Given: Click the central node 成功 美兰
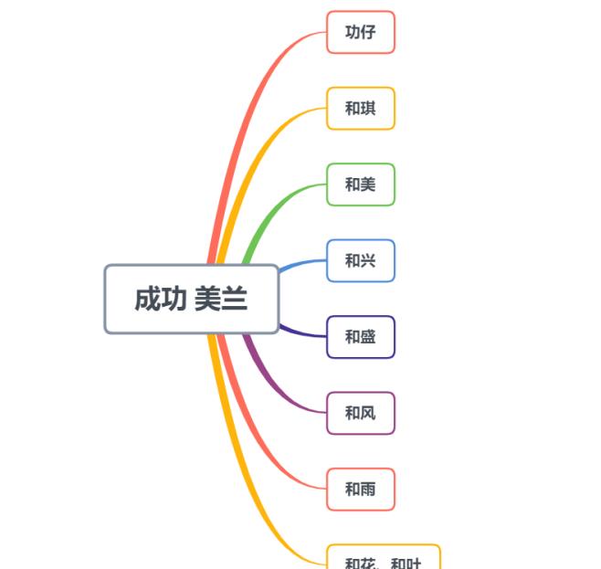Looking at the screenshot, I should pos(191,299).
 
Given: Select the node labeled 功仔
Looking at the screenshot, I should pos(360,32).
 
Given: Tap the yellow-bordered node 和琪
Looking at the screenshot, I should pos(360,109).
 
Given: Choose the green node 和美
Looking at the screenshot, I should pos(360,184).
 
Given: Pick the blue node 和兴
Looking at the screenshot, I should pos(360,261).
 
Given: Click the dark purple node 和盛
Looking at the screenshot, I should pos(360,337).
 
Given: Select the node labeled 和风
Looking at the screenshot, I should pos(360,413).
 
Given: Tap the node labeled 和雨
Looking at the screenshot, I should pos(360,490).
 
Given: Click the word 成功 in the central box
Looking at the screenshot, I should pos(161,299).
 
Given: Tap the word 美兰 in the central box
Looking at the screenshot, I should pos(221,299).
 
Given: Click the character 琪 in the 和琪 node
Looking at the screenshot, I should pos(367,109).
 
